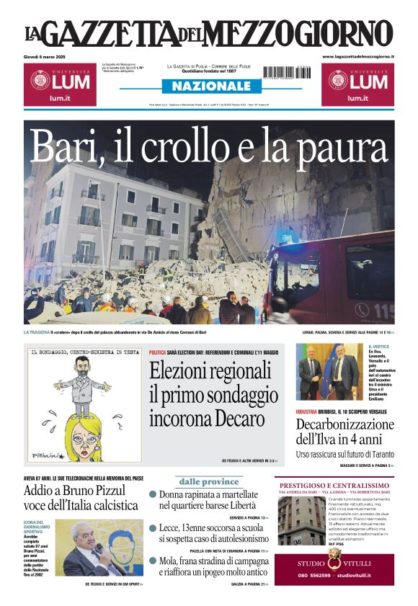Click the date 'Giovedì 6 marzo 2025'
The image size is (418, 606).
point(48,56)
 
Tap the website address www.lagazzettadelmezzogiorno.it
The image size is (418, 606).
point(357,56)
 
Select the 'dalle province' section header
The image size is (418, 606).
point(209,481)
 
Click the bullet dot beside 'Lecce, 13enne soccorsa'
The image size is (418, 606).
point(153,528)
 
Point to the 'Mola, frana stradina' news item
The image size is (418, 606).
point(209,566)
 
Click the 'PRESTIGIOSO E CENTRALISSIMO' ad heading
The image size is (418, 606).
point(334,485)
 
